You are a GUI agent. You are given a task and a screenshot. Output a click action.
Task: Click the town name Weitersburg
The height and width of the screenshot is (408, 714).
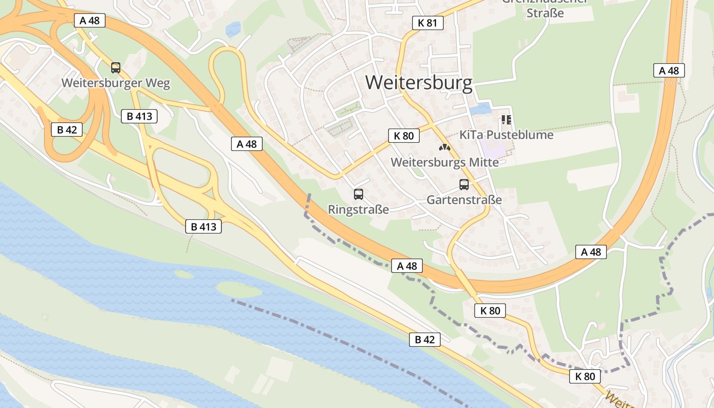tap(419, 83)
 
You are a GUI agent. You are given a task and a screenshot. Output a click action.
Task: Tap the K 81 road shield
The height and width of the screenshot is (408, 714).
tap(427, 23)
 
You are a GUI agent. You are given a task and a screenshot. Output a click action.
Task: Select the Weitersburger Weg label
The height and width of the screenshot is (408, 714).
tap(116, 83)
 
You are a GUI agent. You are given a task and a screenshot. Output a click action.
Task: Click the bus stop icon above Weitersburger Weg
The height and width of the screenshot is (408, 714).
tap(116, 67)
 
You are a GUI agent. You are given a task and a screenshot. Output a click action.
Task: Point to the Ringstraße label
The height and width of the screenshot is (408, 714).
tap(359, 210)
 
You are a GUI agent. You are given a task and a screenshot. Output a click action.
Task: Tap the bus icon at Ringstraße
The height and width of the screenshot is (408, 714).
tap(359, 194)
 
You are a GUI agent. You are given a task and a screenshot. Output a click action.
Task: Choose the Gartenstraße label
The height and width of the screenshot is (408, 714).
tap(464, 200)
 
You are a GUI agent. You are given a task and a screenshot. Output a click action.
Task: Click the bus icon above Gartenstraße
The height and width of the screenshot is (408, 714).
tap(464, 185)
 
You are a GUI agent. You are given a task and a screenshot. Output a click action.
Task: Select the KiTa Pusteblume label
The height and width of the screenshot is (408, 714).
tap(506, 135)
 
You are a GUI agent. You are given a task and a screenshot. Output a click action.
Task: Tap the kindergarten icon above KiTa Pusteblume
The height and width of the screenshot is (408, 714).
tap(506, 120)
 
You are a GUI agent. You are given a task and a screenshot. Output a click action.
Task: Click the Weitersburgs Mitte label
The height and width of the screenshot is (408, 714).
tap(445, 163)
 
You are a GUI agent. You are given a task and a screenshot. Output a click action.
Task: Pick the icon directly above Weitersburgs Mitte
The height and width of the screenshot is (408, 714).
tap(445, 147)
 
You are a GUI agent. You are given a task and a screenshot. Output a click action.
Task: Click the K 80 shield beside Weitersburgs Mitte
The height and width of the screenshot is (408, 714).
tap(404, 136)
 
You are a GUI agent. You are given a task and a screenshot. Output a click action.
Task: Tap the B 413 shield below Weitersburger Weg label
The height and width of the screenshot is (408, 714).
tap(139, 116)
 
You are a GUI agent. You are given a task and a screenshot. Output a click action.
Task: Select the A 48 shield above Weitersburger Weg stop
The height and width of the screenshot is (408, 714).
tap(90, 20)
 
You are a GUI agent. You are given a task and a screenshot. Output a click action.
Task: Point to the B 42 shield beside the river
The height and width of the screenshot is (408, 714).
tap(424, 340)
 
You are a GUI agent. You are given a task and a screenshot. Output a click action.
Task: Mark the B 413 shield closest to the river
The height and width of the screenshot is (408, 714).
tap(203, 227)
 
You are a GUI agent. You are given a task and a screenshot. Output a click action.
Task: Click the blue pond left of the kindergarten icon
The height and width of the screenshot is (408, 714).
tap(479, 109)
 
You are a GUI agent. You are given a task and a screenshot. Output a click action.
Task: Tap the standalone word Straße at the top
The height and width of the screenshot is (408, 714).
tap(545, 13)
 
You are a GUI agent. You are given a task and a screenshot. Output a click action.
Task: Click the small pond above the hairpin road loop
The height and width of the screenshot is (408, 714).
tap(234, 29)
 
